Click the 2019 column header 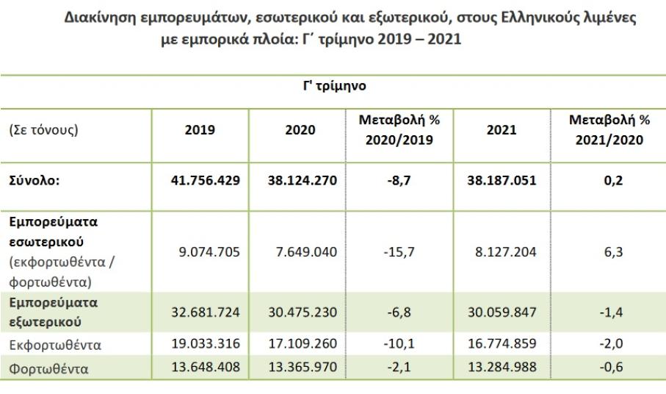click(199, 130)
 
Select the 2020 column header click(300, 130)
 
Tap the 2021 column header click(502, 130)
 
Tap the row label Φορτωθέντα click(48, 368)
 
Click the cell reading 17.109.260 click(300, 344)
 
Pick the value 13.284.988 click(502, 368)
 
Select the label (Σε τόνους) click(43, 130)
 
